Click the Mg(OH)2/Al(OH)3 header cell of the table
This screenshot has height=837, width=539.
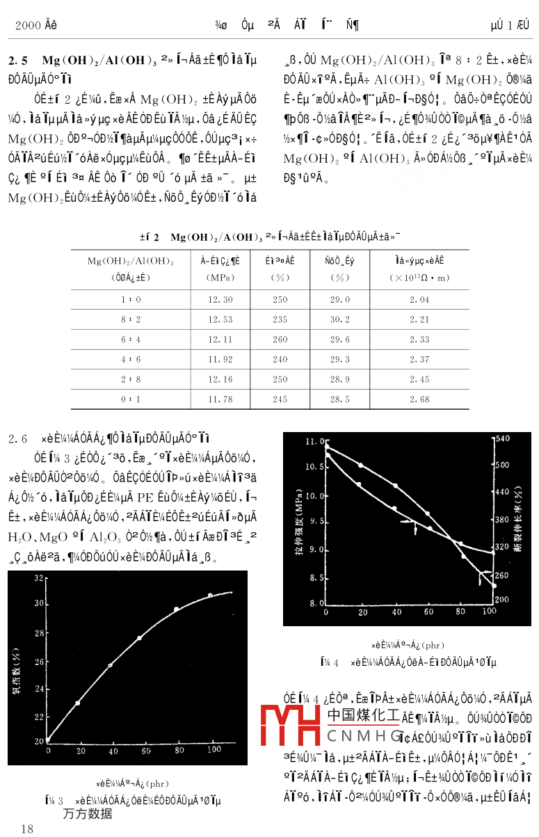tap(130, 261)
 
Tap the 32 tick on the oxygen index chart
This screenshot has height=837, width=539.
tap(39, 578)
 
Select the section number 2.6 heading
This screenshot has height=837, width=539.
tap(17, 439)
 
